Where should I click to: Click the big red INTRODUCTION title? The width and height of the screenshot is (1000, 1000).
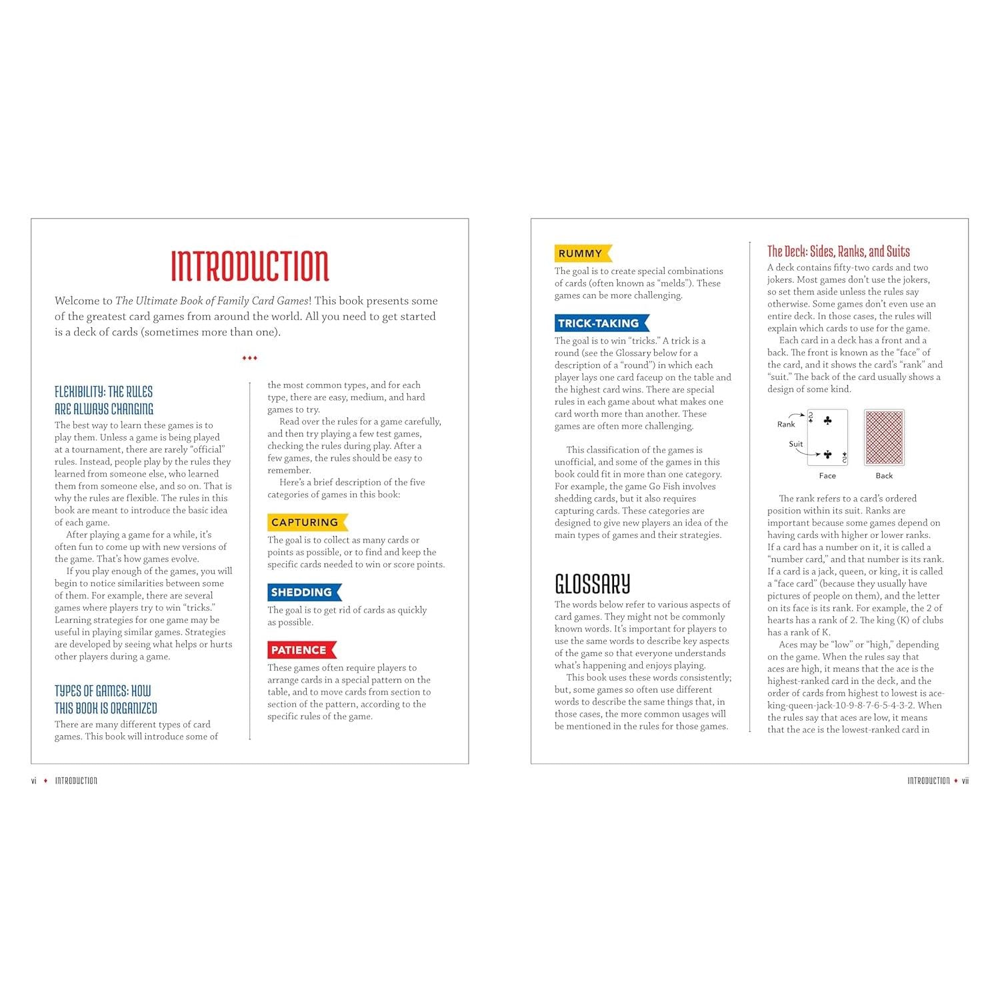coord(250,266)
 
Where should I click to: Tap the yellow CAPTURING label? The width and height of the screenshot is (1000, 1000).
coord(305,522)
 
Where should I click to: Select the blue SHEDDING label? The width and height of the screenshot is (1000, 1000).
coord(302,592)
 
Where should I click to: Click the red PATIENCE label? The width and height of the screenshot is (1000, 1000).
coord(299,650)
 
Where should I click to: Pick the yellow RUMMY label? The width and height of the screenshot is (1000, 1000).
coord(581,253)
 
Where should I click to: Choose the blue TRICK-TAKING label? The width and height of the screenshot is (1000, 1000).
coord(599,323)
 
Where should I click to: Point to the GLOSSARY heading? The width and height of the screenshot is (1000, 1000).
coord(592,584)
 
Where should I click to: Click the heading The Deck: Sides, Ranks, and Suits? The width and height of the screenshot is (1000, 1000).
coord(838,251)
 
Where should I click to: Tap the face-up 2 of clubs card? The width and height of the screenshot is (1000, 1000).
coord(827,437)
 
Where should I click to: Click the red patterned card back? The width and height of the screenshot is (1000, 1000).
coord(884,437)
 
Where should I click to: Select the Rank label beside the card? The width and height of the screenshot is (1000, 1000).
coord(786,424)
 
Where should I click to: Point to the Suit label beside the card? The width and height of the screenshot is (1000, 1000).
coord(795,444)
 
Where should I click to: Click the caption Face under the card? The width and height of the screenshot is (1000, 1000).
coord(827,475)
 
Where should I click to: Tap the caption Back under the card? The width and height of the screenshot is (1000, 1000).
coord(884,475)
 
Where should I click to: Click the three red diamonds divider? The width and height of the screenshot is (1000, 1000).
coord(249,358)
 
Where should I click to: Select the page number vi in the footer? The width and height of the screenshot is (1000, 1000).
coord(34,781)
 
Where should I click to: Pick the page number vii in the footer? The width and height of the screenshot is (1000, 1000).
coord(965,781)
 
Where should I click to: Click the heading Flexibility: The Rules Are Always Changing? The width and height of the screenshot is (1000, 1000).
coord(104,400)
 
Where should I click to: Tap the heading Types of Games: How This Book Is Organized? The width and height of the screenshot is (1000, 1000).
coord(105,699)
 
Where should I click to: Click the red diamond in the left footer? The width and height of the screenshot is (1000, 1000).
coord(45,781)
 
